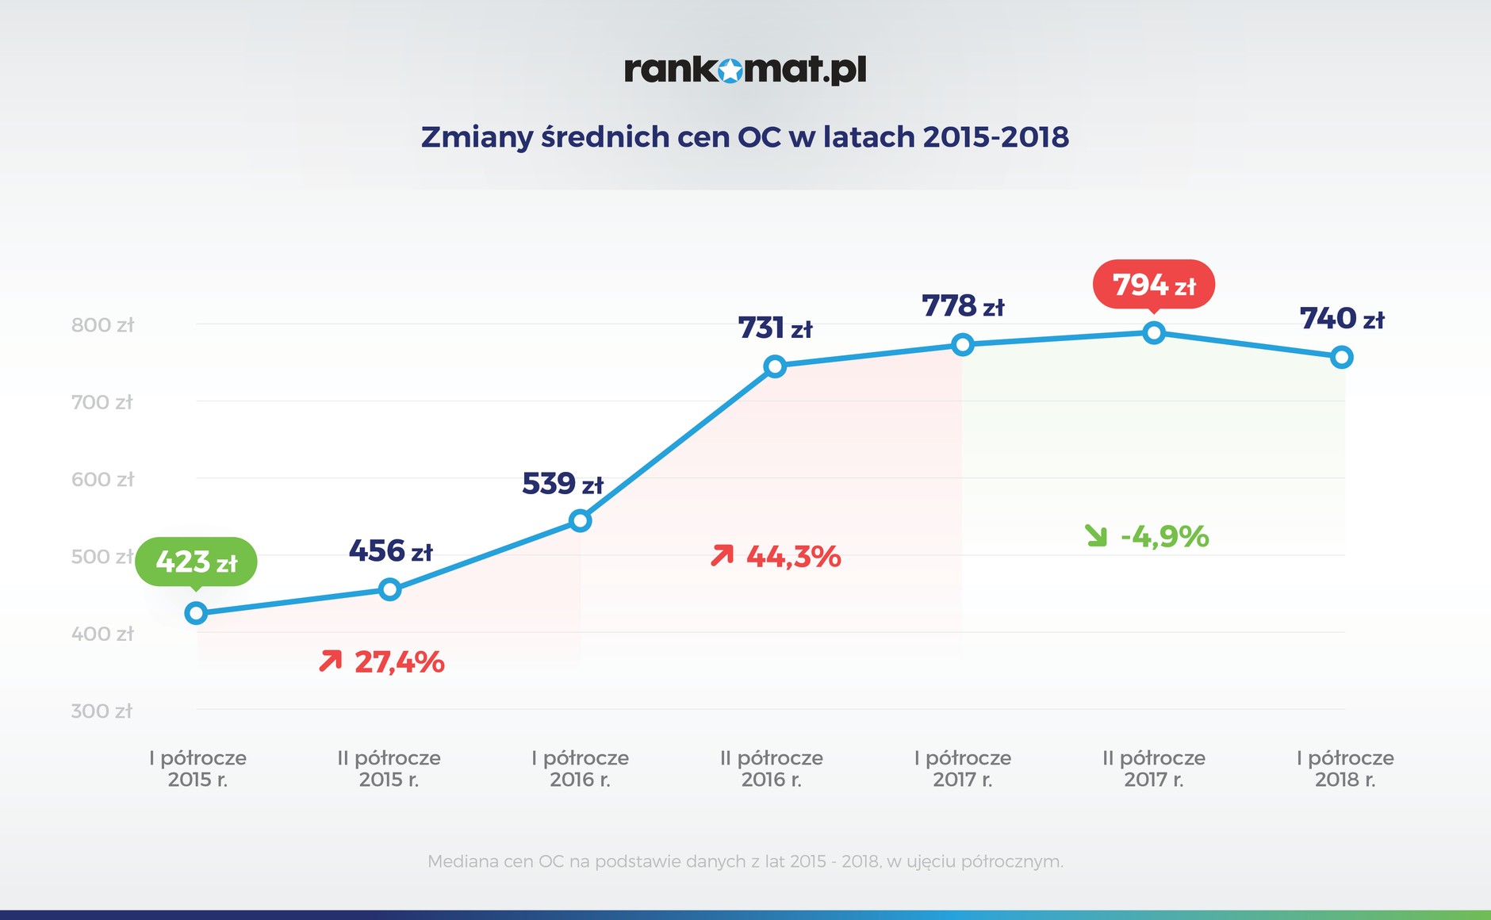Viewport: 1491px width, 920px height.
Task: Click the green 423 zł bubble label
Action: coord(196,562)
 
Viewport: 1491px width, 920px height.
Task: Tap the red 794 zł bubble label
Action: coord(1154,284)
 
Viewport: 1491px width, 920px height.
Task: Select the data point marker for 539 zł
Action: coord(581,521)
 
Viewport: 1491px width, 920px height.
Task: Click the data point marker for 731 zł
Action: coord(775,366)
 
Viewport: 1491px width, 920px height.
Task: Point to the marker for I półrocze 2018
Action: coord(1342,358)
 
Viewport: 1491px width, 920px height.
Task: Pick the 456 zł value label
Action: coord(390,550)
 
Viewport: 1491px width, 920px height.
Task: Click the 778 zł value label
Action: coord(963,305)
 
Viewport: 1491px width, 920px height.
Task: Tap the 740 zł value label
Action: coord(1342,318)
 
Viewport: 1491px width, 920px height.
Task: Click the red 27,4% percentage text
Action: coord(399,661)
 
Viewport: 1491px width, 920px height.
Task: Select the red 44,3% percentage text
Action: coord(793,556)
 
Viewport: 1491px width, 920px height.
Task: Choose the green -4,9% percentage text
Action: coord(1164,536)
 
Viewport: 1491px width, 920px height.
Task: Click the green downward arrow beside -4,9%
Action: coord(1096,536)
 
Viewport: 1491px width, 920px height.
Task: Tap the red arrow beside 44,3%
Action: coord(722,555)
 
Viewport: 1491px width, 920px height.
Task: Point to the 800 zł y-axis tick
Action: coord(102,324)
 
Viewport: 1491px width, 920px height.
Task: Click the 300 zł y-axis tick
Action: coord(102,711)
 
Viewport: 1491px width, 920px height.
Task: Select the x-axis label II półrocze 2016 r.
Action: coord(772,769)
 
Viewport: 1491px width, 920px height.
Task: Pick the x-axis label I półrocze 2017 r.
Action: coord(963,769)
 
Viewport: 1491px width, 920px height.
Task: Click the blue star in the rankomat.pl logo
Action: coord(730,71)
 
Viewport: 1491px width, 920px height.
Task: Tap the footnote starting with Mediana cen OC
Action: coord(745,861)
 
